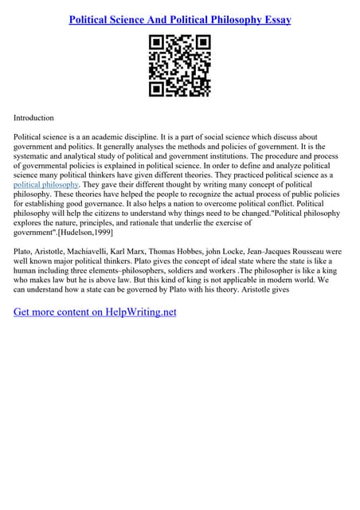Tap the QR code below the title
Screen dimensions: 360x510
click(179, 67)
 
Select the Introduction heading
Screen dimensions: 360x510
click(33, 117)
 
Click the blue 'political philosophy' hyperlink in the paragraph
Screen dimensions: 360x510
click(46, 184)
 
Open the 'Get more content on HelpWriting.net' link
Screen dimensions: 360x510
click(95, 312)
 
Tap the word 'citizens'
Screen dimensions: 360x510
click(100, 214)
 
